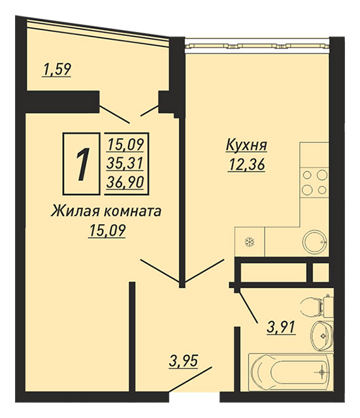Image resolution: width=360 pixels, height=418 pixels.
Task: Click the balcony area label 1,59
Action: coord(57,70)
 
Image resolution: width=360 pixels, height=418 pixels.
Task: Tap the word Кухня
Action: coord(246,146)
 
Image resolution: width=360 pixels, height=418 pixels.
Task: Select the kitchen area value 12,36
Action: coord(246,165)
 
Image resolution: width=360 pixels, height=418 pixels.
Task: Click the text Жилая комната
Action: coord(106,212)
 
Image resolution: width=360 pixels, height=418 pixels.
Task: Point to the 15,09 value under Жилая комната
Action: coord(107,231)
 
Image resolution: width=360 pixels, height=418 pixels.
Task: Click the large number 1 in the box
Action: coord(82,164)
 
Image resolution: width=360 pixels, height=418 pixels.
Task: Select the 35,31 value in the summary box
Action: coord(125,163)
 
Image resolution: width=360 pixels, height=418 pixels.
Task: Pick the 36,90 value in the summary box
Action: coord(125,182)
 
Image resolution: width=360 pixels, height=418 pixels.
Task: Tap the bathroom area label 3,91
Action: coord(281,327)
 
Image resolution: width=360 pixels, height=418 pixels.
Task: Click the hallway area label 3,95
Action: coord(184,362)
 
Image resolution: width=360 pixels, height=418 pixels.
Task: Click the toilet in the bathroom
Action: coord(316,306)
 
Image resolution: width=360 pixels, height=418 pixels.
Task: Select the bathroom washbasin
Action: coord(322,336)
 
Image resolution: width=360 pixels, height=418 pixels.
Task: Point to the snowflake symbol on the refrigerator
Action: coord(250,242)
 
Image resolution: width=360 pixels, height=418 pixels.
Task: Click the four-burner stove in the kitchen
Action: coord(314,182)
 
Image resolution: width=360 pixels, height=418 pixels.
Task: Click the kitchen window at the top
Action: coord(257,46)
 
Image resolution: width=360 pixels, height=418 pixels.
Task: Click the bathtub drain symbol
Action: coord(322,372)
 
